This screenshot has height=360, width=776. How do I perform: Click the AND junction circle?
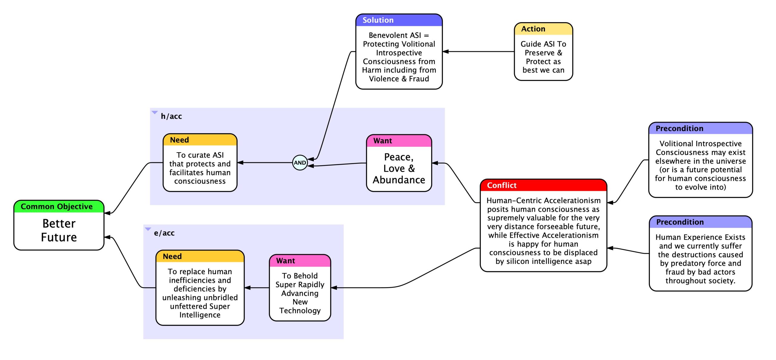tap(300, 163)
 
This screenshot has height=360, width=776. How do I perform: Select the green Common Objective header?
tap(59, 207)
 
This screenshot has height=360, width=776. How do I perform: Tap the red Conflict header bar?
tap(543, 185)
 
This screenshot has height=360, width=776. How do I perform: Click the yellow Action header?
tap(543, 29)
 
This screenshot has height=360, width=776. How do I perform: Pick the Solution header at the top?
tap(399, 20)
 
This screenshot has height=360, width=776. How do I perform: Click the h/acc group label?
tap(171, 116)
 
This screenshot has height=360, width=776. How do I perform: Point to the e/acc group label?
tap(164, 233)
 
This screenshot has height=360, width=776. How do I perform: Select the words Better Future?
tap(59, 230)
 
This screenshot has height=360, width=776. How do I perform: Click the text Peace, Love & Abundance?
tap(399, 168)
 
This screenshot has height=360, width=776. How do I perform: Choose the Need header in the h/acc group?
tap(200, 140)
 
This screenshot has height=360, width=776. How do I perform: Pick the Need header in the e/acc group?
tap(200, 256)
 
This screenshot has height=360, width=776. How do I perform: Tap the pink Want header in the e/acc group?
tap(300, 261)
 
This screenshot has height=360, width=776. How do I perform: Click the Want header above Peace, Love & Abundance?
tap(399, 141)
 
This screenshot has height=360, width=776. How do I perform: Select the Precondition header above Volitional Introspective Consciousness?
tap(701, 128)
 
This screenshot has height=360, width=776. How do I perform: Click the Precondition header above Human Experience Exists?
tap(701, 222)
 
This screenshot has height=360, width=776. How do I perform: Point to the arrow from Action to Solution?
tap(478, 52)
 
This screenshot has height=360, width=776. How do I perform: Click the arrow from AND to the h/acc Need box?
tap(265, 163)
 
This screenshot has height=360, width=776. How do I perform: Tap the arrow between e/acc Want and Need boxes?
tap(257, 288)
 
